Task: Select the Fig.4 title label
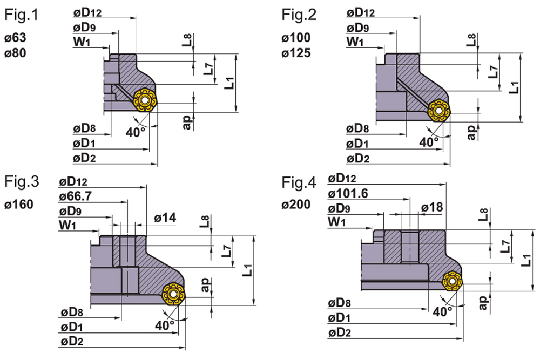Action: click(299, 183)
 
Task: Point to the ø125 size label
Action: click(295, 53)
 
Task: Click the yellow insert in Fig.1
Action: click(144, 101)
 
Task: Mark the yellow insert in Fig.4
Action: click(452, 281)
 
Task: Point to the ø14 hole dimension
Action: click(165, 218)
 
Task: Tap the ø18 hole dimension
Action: click(433, 207)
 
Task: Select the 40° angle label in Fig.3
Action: click(165, 325)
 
